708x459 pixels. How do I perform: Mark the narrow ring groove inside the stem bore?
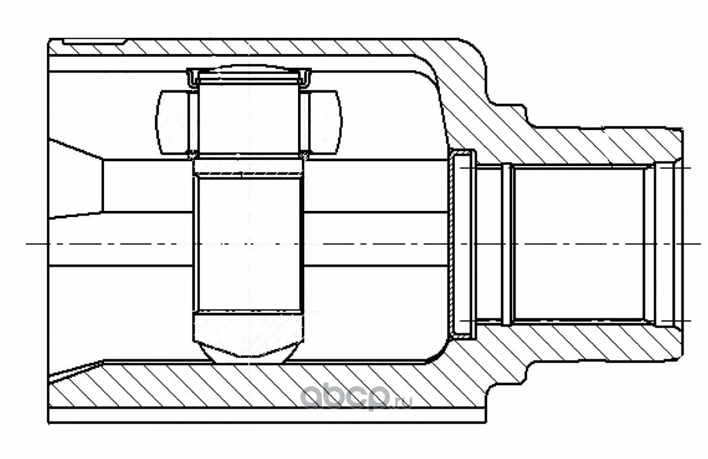[506, 244]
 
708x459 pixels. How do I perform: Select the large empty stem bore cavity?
[578, 244]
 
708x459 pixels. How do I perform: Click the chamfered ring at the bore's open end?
[664, 244]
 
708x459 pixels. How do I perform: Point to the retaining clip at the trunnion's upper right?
[305, 78]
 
